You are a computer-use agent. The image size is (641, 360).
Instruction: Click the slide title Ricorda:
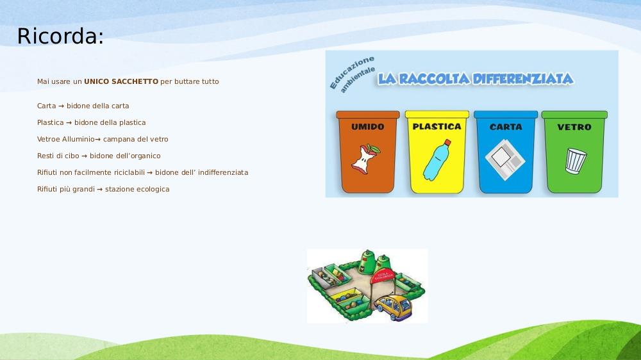60,36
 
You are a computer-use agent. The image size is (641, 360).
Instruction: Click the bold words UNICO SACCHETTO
121,81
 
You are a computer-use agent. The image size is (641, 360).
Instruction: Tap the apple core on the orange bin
365,159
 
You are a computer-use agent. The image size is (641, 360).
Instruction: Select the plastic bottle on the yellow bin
437,160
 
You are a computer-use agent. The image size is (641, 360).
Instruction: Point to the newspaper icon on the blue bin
505,160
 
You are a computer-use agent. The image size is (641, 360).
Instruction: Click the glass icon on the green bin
576,161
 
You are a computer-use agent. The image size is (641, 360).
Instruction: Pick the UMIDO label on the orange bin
367,127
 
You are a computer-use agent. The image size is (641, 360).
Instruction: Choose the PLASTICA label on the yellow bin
437,127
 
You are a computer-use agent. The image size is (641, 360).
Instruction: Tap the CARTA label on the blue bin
506,127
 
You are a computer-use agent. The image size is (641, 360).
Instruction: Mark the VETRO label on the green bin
574,127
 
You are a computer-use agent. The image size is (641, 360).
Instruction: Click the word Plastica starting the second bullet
50,122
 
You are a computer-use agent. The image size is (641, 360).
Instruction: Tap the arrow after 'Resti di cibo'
84,156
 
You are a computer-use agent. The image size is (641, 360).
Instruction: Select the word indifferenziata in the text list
223,172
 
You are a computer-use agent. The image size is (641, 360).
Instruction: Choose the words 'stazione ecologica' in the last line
137,189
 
